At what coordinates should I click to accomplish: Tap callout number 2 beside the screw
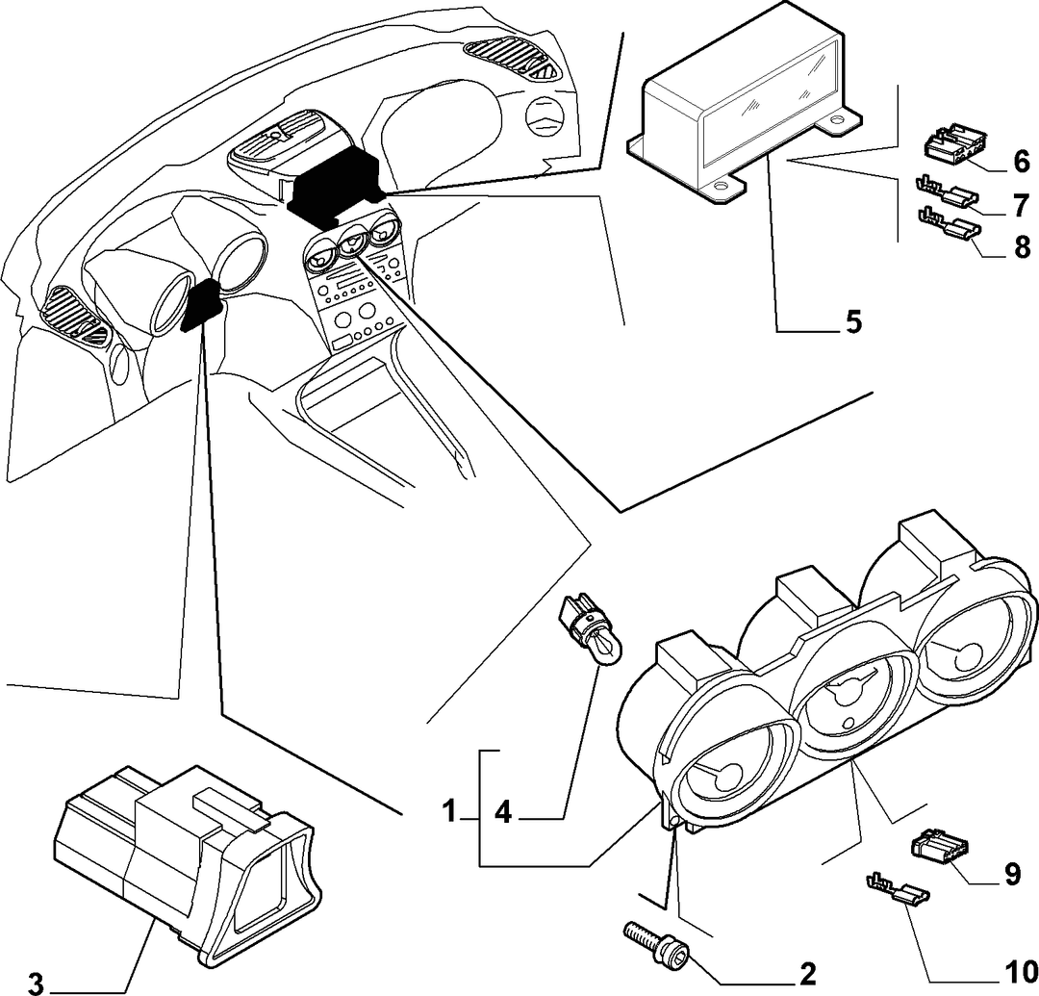click(x=807, y=974)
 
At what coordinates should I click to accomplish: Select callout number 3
click(x=36, y=983)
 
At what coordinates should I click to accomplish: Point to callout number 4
click(x=503, y=812)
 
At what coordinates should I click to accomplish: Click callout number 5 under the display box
click(x=852, y=321)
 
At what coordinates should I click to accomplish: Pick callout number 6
click(x=1022, y=161)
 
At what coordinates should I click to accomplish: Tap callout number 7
click(x=1022, y=205)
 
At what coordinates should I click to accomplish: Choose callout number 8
click(x=1022, y=247)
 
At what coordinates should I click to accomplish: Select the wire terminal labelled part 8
click(x=948, y=223)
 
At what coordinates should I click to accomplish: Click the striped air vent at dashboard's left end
click(x=74, y=314)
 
